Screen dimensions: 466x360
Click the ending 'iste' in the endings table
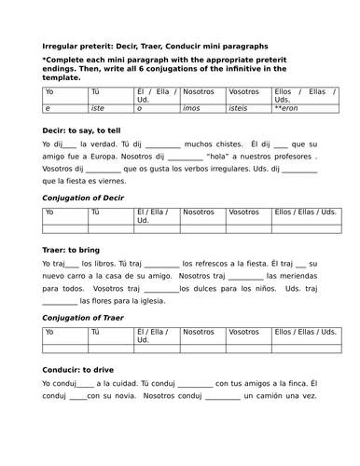pos(97,109)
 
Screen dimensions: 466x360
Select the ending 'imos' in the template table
pos(194,109)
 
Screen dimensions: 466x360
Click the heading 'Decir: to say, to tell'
pos(83,132)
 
